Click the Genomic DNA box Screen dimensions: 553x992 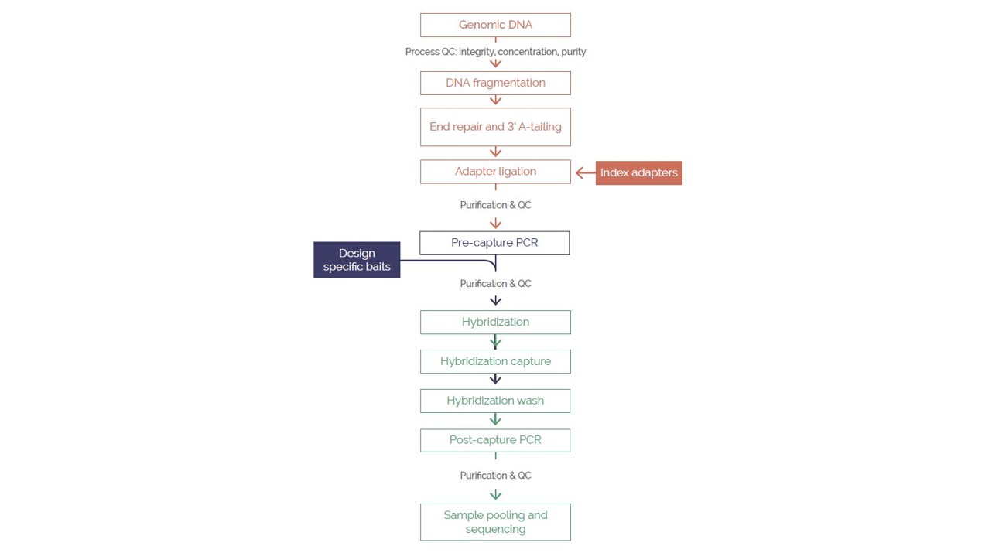tap(495, 25)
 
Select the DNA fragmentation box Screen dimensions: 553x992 tap(495, 83)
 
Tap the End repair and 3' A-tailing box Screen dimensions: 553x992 tap(495, 127)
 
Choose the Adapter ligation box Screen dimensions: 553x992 tap(495, 172)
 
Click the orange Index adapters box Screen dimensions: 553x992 tap(638, 172)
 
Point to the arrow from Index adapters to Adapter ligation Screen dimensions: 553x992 tap(584, 172)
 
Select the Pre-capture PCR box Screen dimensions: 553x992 tap(494, 243)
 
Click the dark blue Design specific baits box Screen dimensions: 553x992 tap(357, 260)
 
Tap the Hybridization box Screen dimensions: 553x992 tap(495, 322)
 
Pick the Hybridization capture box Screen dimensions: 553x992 tap(495, 361)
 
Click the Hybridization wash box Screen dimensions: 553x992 tap(495, 401)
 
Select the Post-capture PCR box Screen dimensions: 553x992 tap(495, 440)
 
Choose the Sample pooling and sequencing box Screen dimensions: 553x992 tap(495, 522)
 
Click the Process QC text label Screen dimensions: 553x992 tap(495, 52)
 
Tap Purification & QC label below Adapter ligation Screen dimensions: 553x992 tap(495, 205)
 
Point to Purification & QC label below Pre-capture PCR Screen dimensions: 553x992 tap(495, 284)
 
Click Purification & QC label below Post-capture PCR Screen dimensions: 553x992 tap(495, 476)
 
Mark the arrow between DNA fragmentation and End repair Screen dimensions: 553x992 tap(495, 101)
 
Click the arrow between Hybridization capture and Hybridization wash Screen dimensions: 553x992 tap(495, 379)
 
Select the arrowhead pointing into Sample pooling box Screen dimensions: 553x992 tap(495, 495)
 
